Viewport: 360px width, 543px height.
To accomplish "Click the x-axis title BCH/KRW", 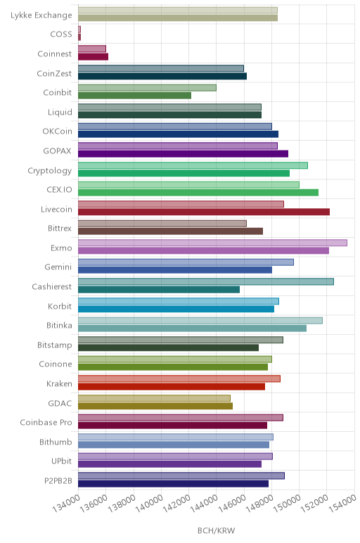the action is (216, 530).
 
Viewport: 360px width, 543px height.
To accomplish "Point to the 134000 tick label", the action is (66, 504).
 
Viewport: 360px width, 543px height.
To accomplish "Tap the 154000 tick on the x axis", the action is (342, 504).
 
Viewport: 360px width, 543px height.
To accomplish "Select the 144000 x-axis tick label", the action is (204, 504).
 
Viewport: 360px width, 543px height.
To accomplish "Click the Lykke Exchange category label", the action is (41, 15).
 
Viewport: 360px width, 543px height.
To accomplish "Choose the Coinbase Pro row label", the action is (46, 423).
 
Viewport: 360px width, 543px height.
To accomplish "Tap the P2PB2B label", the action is (58, 480).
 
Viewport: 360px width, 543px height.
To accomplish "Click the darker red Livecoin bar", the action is (204, 212).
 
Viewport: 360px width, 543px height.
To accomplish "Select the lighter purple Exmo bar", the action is (212, 243).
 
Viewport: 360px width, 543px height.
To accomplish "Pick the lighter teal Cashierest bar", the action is (206, 281).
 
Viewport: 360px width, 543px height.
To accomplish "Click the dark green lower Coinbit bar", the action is (135, 96).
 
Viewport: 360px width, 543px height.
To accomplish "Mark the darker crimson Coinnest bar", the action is (93, 57).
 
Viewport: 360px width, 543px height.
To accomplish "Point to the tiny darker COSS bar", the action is (79, 37).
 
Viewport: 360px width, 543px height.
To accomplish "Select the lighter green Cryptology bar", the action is (193, 165).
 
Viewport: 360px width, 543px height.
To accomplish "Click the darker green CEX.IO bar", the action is (198, 193).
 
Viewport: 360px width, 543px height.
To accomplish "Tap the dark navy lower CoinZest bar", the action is (162, 76).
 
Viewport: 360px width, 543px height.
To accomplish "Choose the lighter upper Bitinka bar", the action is (200, 320).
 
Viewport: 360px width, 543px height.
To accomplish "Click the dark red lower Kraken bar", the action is (172, 386).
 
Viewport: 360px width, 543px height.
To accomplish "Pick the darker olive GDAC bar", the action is (155, 406).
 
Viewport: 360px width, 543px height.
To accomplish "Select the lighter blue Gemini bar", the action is (186, 262).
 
